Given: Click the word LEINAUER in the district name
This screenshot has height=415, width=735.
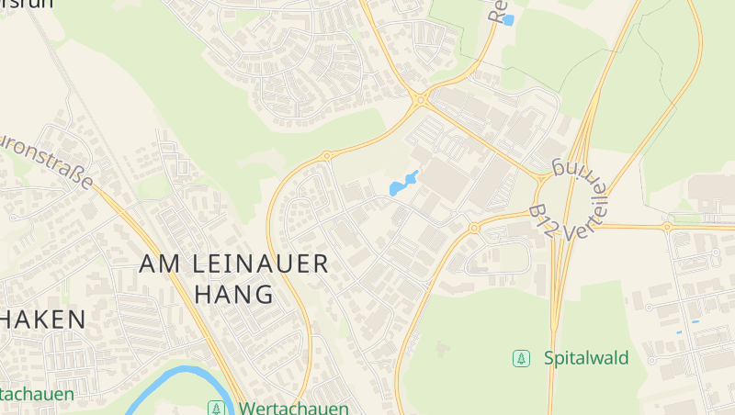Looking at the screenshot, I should click(260, 264).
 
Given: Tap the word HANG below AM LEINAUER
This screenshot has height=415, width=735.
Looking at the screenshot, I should click(235, 295).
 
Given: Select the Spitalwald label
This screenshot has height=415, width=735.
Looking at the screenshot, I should click(586, 357).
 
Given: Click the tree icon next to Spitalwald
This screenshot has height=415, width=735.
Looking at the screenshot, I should click(522, 358).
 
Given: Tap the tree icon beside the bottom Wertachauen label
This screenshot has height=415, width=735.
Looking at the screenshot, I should click(217, 408).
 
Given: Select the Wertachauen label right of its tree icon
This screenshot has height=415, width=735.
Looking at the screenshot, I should click(294, 408).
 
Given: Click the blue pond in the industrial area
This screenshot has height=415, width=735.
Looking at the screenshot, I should click(402, 184).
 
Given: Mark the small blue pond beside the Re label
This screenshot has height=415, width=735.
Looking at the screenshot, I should click(508, 18).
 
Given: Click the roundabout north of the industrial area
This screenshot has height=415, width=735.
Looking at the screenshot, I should click(420, 99).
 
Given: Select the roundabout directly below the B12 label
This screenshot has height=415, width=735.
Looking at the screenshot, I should click(474, 227).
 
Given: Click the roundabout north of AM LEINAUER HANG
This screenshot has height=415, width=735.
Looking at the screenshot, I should click(326, 157).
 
